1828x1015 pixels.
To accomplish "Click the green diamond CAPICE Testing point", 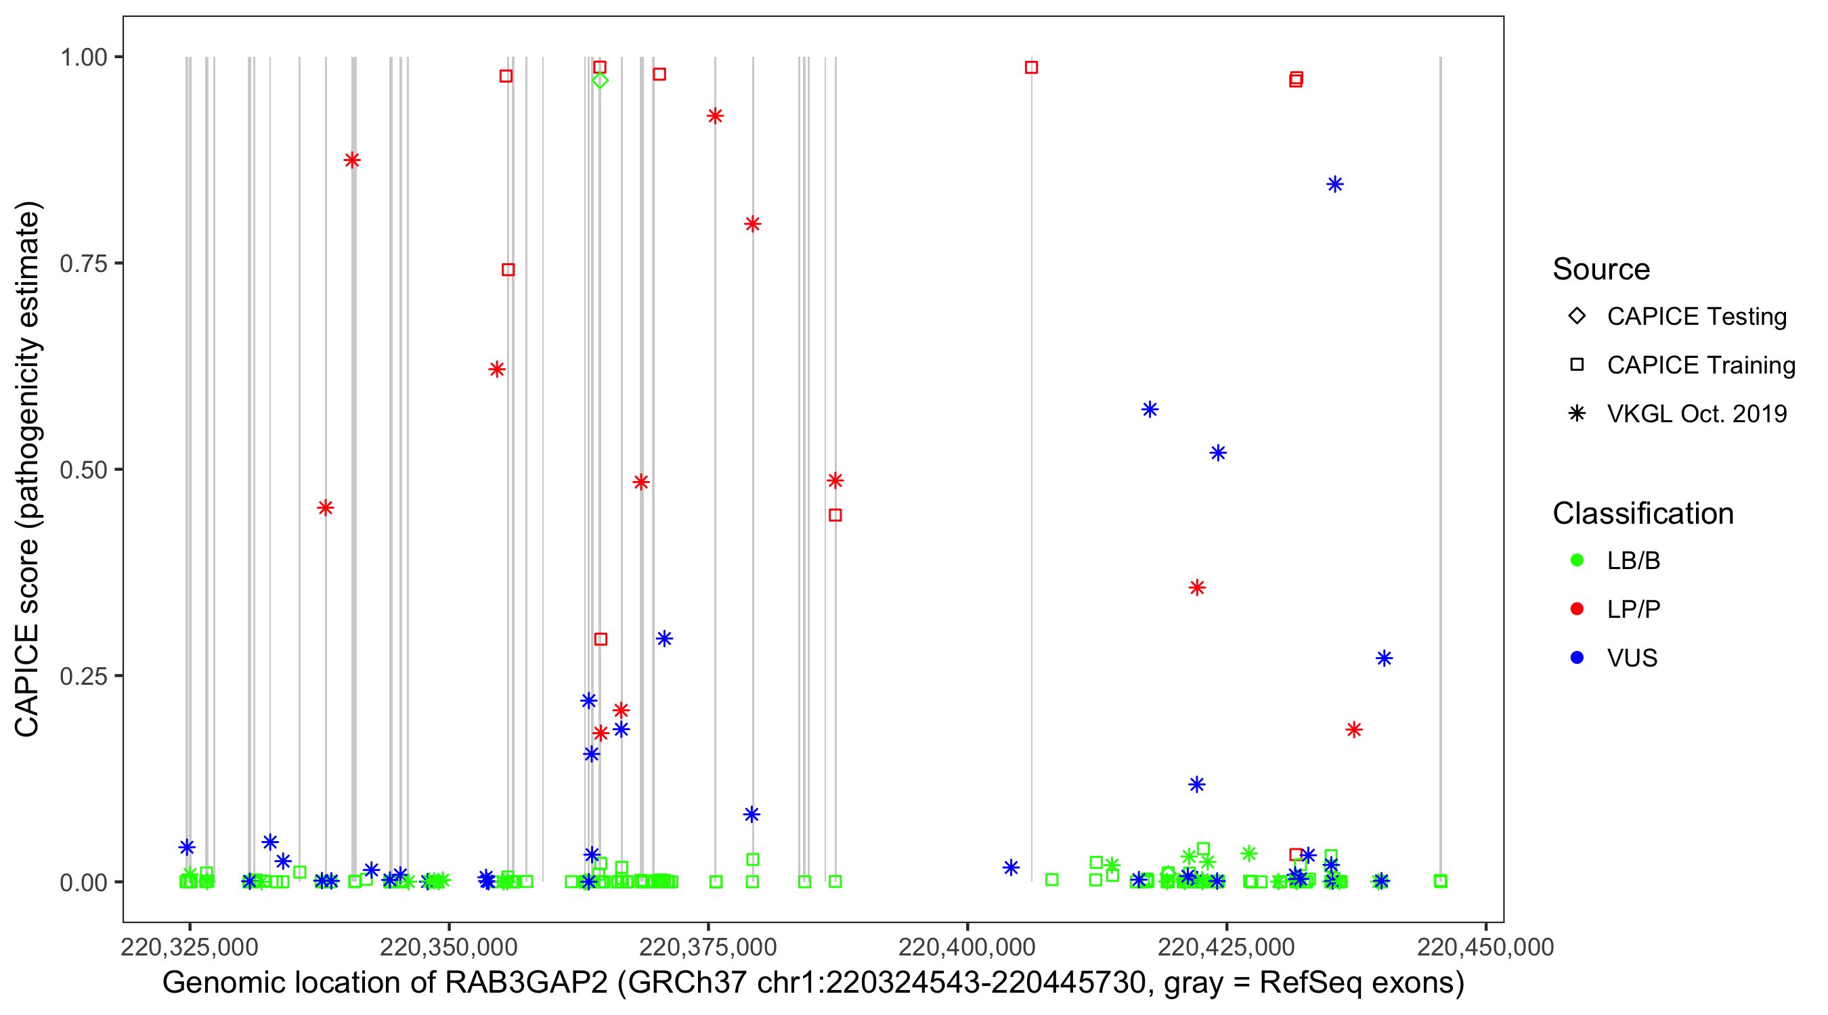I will point(600,80).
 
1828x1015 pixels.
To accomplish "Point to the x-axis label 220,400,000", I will point(967,947).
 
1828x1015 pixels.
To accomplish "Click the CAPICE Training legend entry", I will point(1701,365).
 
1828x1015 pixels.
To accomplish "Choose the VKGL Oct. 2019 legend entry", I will point(1697,413).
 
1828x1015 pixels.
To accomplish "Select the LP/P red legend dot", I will point(1577,609).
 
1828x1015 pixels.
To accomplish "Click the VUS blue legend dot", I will point(1577,658).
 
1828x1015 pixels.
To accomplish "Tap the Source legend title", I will point(1601,269).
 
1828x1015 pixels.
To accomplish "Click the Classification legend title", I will point(1642,514).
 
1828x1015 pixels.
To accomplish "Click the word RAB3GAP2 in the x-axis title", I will point(526,983).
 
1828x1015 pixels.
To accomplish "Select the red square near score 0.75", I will point(508,269).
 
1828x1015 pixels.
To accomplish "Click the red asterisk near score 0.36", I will point(1197,587).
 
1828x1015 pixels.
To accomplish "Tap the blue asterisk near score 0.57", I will point(1150,409).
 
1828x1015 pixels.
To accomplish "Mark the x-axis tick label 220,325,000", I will point(190,947).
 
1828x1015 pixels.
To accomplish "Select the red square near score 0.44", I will point(835,515).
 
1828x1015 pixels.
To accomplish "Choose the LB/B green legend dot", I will point(1577,560).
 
